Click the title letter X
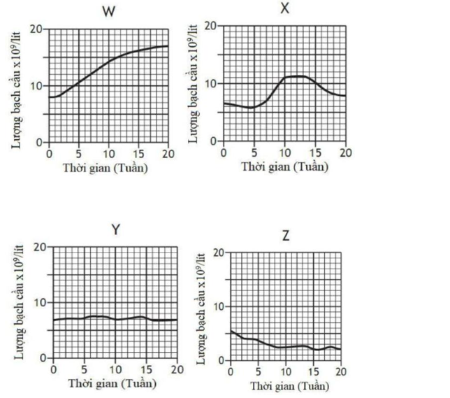click(x=284, y=8)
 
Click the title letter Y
click(x=115, y=230)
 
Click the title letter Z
click(x=286, y=236)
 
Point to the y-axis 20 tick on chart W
click(x=36, y=29)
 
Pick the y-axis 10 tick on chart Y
click(x=41, y=302)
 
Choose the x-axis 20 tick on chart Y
click(x=175, y=369)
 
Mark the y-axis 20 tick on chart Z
click(x=219, y=253)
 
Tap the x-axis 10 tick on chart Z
click(x=286, y=371)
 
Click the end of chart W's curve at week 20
click(x=168, y=46)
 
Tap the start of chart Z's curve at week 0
click(x=231, y=331)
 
